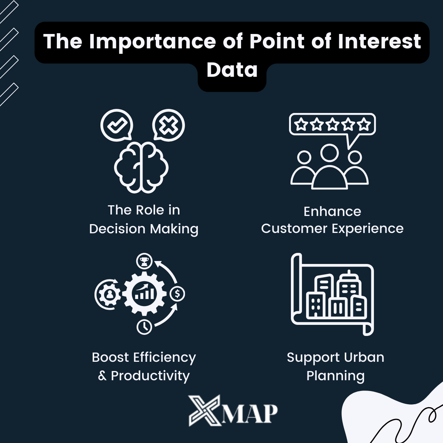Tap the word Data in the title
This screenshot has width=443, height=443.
pyautogui.click(x=232, y=69)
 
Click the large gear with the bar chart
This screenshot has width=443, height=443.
pyautogui.click(x=144, y=294)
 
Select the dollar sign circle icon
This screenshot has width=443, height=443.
pyautogui.click(x=178, y=294)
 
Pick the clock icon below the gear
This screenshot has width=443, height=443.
pyautogui.click(x=144, y=326)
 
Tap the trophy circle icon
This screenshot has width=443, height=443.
pyautogui.click(x=144, y=261)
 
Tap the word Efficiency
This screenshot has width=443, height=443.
pyautogui.click(x=164, y=357)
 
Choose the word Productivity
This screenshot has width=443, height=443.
pyautogui.click(x=150, y=376)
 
